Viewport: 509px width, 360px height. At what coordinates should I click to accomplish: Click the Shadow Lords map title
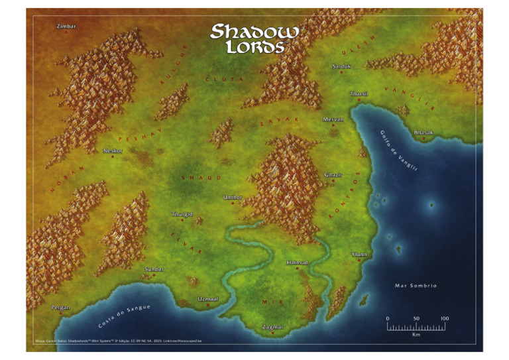254,38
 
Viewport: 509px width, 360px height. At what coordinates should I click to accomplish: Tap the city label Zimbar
67,26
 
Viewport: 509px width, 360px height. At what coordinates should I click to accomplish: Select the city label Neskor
113,150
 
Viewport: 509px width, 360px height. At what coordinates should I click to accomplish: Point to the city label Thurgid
182,214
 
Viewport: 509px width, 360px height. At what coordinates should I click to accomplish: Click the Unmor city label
233,198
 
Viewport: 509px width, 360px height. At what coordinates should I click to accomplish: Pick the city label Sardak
341,66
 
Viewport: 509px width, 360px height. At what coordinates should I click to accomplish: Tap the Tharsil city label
359,94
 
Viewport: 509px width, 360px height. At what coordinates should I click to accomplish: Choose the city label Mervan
333,119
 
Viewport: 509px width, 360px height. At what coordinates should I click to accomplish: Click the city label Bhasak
424,133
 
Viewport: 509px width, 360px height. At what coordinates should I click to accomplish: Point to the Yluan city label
359,254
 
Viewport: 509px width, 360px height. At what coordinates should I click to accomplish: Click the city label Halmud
298,263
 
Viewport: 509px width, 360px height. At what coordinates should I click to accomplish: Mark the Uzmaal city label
208,299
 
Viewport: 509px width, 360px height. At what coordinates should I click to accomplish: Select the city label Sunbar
154,270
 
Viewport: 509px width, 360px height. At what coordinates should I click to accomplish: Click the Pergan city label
61,308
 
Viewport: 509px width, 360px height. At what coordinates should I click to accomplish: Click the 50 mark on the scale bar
416,319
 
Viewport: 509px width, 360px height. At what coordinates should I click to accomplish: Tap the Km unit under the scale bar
416,335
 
